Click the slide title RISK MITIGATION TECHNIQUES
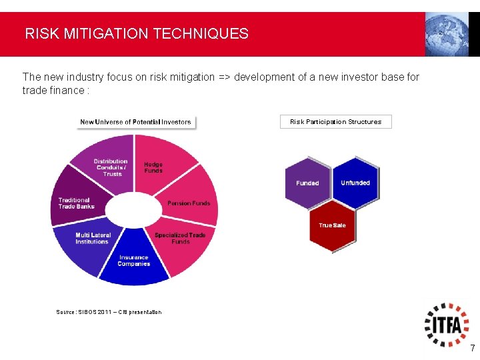(x=137, y=33)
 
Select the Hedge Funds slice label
(x=153, y=167)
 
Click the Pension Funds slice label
(x=189, y=203)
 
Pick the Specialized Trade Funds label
(x=180, y=238)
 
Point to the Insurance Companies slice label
(x=134, y=261)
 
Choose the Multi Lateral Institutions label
(x=93, y=238)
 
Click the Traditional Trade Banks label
(x=76, y=203)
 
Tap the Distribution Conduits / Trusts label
(x=111, y=167)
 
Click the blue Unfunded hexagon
(x=355, y=183)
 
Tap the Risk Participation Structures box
(x=335, y=121)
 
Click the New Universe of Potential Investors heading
(x=135, y=122)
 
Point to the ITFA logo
(x=447, y=324)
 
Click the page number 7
(x=472, y=348)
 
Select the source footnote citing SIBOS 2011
(x=109, y=312)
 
